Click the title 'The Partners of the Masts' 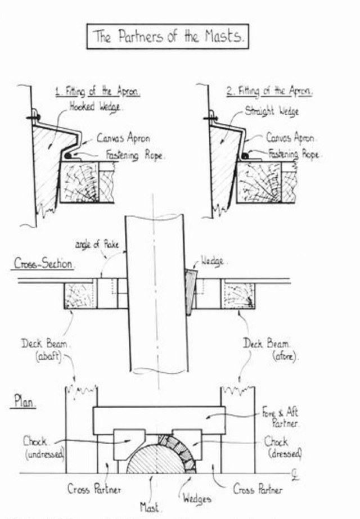167,38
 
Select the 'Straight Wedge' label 272,111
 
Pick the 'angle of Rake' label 93,245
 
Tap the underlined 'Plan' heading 25,404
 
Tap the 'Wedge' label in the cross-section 213,261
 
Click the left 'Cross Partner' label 94,489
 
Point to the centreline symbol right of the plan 296,474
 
